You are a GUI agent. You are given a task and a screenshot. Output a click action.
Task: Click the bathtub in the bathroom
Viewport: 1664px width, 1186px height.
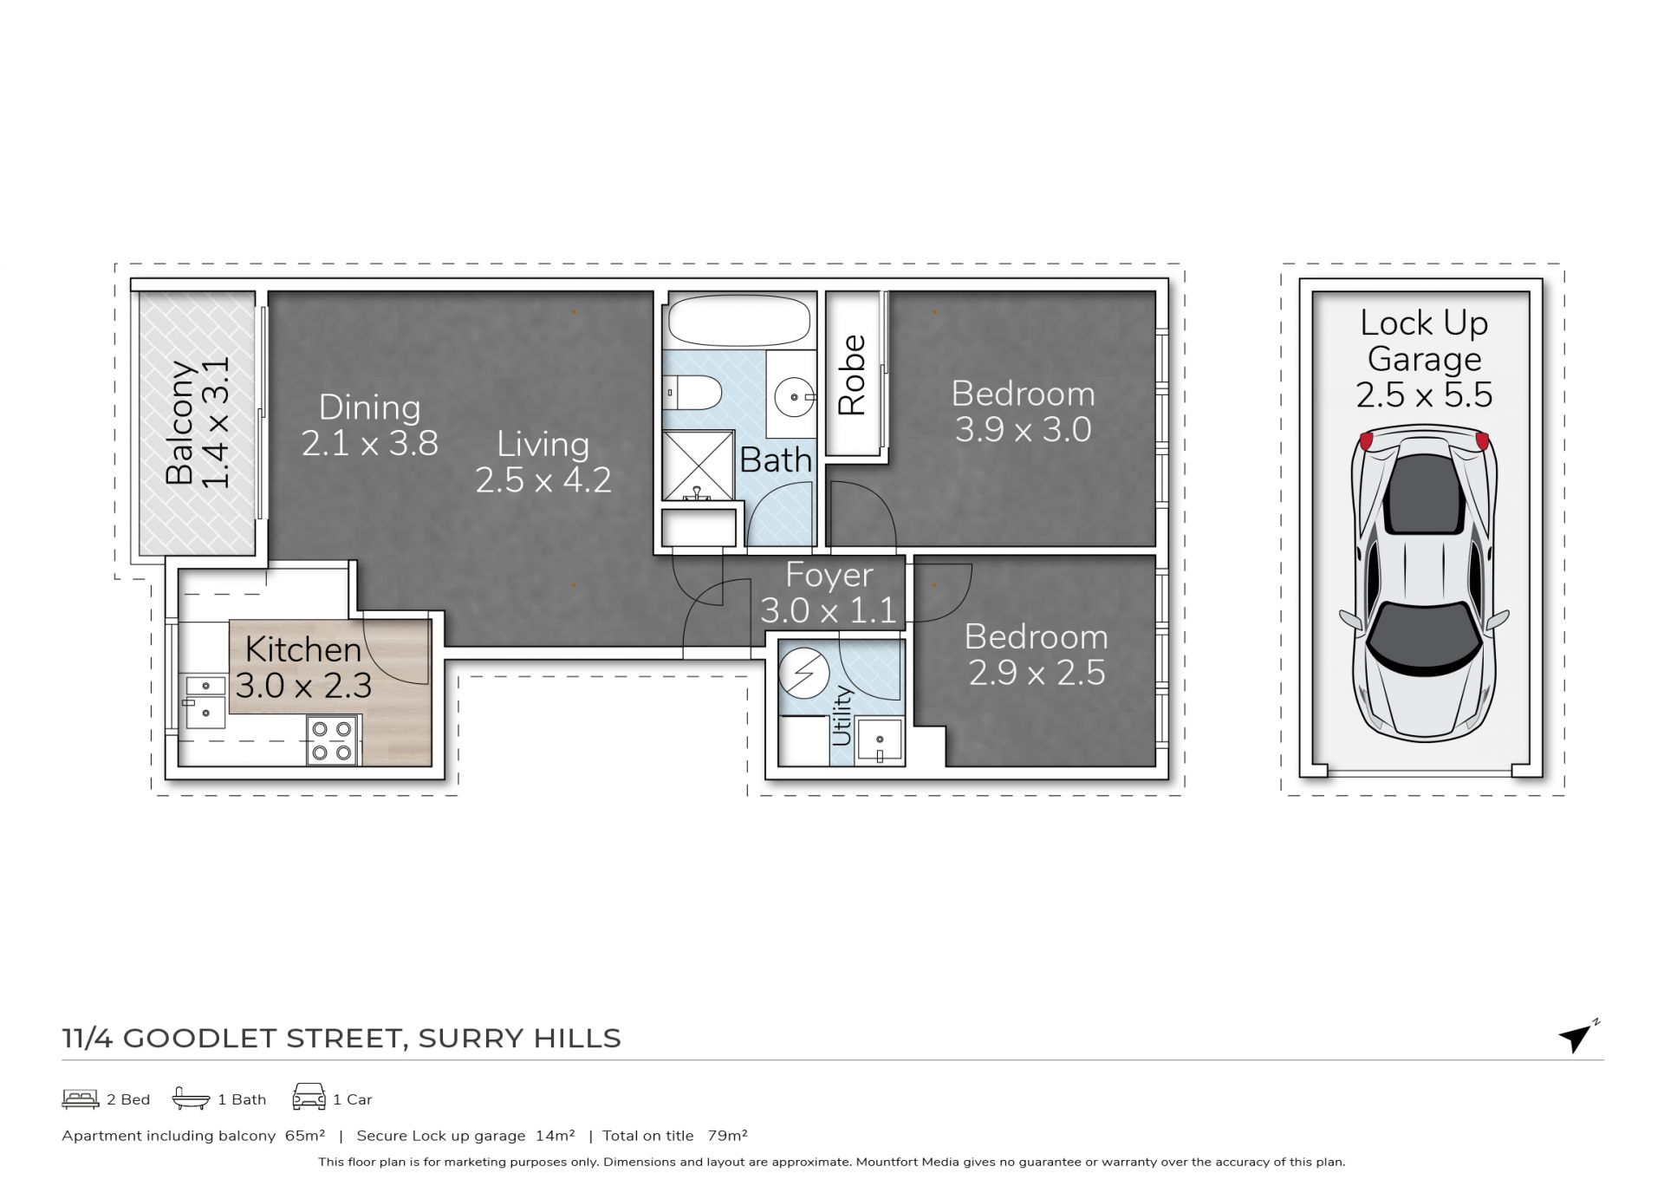click(739, 321)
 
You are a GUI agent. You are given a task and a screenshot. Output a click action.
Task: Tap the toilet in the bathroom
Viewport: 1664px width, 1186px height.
click(692, 393)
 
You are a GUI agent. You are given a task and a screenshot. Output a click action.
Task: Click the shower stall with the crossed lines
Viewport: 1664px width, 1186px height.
click(698, 466)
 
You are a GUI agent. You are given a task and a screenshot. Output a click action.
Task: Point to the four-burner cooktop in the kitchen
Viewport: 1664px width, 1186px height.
click(332, 740)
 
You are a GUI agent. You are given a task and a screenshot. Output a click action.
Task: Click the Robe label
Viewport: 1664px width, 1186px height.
click(852, 375)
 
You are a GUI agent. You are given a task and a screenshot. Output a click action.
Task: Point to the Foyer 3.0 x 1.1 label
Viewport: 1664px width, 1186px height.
click(829, 593)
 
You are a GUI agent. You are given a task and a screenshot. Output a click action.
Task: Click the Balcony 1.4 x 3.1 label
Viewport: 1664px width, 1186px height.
click(198, 422)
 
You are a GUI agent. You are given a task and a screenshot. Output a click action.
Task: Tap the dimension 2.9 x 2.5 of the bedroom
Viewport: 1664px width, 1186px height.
click(1037, 673)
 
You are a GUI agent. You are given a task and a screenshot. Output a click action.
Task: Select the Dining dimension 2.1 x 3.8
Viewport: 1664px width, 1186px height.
click(370, 443)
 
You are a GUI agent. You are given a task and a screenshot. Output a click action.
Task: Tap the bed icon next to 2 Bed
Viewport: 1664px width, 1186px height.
click(80, 1099)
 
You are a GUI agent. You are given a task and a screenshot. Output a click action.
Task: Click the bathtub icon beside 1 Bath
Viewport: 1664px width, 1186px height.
click(191, 1098)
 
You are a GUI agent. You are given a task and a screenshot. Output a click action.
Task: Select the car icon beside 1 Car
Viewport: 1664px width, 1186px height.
click(309, 1097)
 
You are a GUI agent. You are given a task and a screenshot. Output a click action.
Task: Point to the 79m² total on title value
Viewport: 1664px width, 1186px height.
click(727, 1136)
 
